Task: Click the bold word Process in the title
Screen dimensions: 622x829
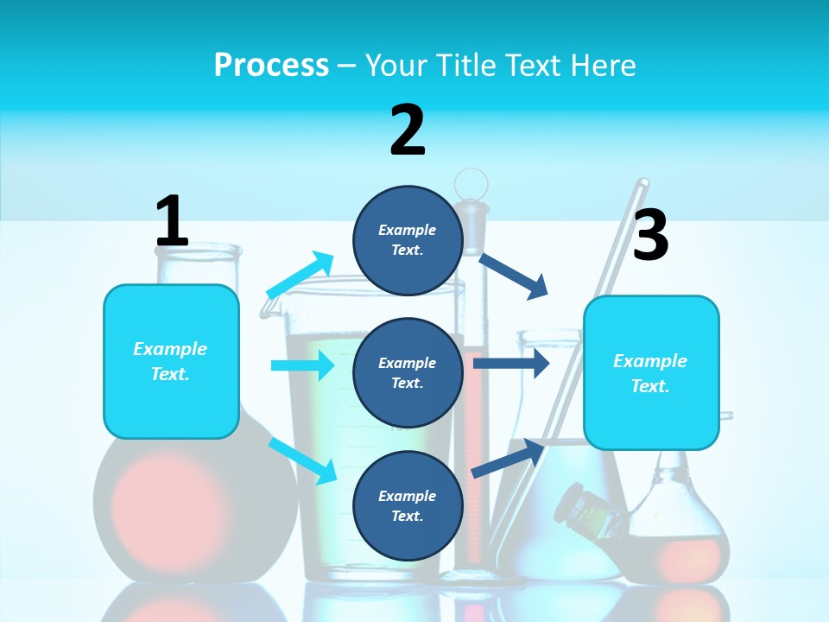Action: point(271,65)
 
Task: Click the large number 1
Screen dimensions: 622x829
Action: point(172,221)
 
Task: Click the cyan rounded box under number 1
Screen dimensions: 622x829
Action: point(171,361)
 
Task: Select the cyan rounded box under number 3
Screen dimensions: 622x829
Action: point(651,373)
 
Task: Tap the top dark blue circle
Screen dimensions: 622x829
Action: point(408,240)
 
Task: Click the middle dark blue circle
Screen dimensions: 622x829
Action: point(408,372)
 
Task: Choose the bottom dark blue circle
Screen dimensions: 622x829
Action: point(408,505)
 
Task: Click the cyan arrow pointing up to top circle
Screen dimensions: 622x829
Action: point(300,276)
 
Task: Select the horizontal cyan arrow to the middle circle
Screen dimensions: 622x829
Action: point(302,365)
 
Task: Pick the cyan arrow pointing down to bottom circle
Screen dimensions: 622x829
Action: point(302,460)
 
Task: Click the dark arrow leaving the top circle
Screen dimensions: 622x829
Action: point(514,276)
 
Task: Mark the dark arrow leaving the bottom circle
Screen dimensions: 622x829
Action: point(508,458)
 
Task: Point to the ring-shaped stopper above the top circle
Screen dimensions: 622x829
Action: point(471,184)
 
